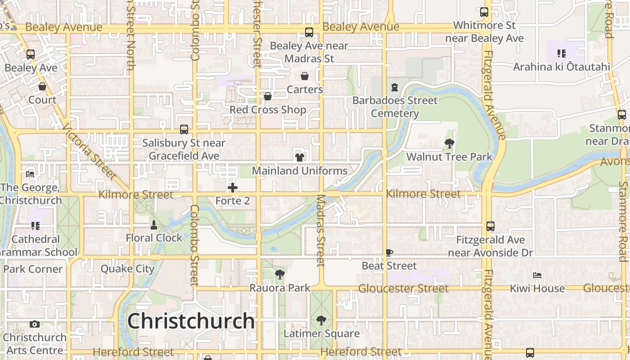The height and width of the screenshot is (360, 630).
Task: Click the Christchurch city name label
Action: coord(191,321)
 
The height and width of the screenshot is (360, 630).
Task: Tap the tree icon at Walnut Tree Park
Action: coord(449,144)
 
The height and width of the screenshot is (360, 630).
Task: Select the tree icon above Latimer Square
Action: coord(321,320)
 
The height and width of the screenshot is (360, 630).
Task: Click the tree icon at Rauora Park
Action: coord(280,274)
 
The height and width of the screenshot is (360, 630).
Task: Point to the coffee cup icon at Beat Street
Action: coord(389,252)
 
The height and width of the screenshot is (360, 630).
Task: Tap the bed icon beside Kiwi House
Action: coord(537,275)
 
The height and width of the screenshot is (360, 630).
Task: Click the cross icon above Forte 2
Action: coord(233,187)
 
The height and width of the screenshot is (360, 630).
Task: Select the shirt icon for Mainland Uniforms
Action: coord(299,157)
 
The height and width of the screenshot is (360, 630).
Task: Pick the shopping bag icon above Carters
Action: coord(305,76)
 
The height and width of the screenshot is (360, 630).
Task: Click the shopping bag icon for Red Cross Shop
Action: coord(268,96)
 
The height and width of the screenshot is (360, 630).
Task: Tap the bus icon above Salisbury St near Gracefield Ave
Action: coord(184,130)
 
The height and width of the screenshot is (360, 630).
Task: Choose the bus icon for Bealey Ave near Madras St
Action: coord(309,32)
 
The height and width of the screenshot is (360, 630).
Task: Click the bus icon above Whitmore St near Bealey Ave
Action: coord(484,12)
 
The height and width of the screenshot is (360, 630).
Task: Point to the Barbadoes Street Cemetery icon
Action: coord(395,87)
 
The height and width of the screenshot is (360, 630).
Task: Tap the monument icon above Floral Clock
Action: coord(154,225)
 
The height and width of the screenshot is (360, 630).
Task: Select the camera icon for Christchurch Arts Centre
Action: coord(35,324)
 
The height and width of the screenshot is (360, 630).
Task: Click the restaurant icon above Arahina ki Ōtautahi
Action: coord(561,54)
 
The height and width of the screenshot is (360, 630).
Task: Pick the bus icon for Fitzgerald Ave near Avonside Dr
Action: coord(490,226)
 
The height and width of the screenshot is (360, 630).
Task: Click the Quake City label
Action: coord(127,269)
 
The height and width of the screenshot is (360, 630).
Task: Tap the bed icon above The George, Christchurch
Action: coord(30,174)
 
